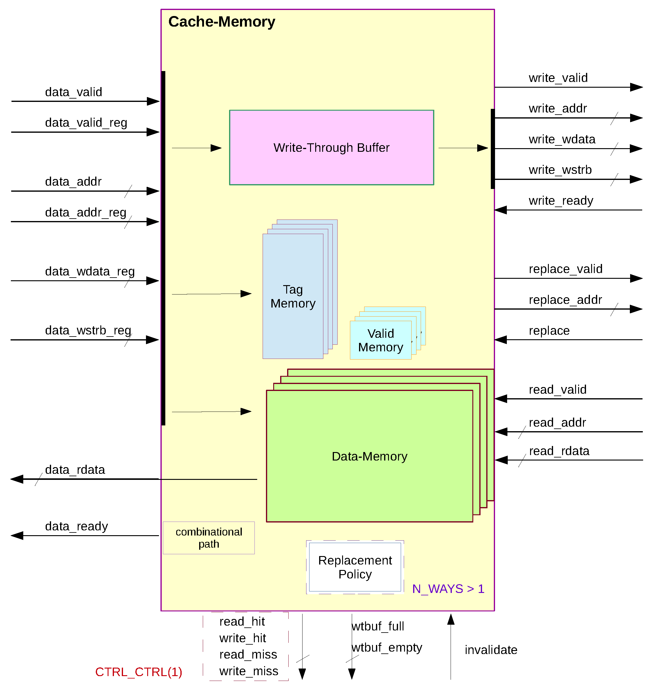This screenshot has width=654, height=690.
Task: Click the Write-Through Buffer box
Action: click(x=331, y=147)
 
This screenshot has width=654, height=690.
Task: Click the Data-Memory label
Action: click(x=369, y=456)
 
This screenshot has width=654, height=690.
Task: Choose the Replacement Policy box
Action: click(x=355, y=567)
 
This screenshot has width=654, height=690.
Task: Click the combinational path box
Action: click(x=209, y=538)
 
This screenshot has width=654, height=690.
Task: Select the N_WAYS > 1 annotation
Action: click(x=448, y=588)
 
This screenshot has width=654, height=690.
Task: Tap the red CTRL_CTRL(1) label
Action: click(x=138, y=672)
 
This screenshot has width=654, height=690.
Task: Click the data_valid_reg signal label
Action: click(x=86, y=122)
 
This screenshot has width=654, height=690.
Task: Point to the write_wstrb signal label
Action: click(x=560, y=170)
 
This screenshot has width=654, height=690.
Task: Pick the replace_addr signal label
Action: click(x=565, y=299)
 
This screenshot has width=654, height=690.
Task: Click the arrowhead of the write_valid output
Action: click(x=636, y=87)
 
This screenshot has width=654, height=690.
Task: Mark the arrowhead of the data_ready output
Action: click(x=17, y=535)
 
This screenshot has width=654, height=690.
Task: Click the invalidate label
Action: click(x=491, y=649)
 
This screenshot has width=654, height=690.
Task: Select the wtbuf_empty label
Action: click(x=387, y=647)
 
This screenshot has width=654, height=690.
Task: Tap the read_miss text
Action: click(x=248, y=654)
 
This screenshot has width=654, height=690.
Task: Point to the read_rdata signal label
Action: click(x=559, y=451)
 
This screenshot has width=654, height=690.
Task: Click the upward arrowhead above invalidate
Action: click(x=451, y=619)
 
